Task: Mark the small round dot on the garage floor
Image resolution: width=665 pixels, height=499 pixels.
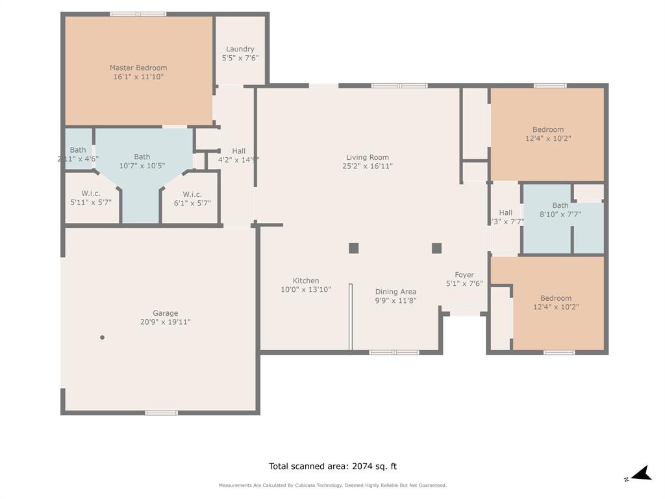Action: click(x=102, y=337)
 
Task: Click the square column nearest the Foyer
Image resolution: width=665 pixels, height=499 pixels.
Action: click(x=436, y=248)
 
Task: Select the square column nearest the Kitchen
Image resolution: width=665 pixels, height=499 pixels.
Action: click(x=353, y=248)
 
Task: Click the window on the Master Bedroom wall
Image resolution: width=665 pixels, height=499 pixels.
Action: click(x=138, y=14)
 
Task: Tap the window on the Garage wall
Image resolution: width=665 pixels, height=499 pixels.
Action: click(x=161, y=413)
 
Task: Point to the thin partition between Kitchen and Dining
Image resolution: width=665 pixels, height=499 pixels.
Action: click(x=351, y=317)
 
